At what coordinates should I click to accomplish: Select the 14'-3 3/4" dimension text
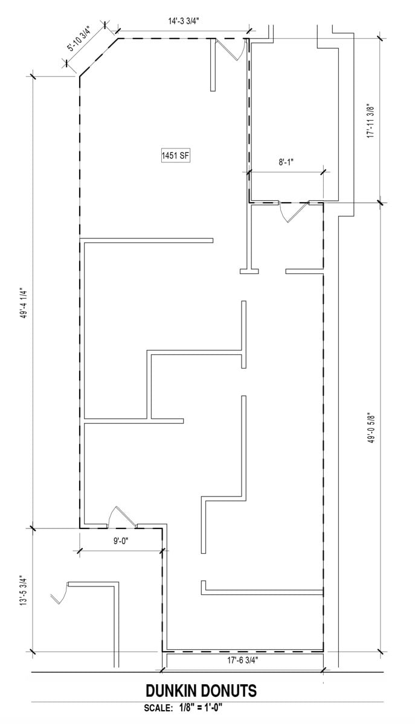click(184, 21)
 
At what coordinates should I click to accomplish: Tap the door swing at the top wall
click(233, 49)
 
